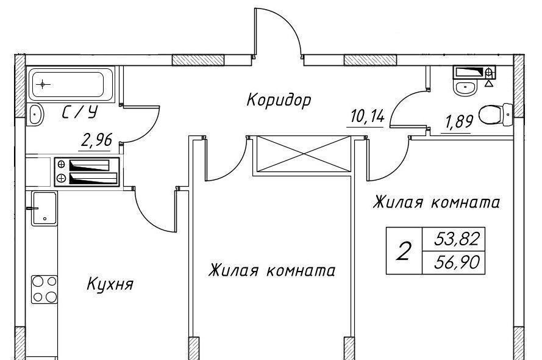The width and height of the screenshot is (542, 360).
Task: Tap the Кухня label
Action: (x=110, y=284)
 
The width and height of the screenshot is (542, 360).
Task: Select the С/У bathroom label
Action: (x=81, y=113)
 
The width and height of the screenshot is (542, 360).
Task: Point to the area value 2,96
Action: (x=96, y=140)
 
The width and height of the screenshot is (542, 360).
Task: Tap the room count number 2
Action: (x=403, y=251)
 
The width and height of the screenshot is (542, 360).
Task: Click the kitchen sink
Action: (x=43, y=208)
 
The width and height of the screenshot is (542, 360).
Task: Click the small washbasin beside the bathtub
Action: (x=36, y=114)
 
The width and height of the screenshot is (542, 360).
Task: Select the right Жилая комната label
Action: (x=437, y=202)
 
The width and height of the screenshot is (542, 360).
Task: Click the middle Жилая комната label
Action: (x=271, y=270)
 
